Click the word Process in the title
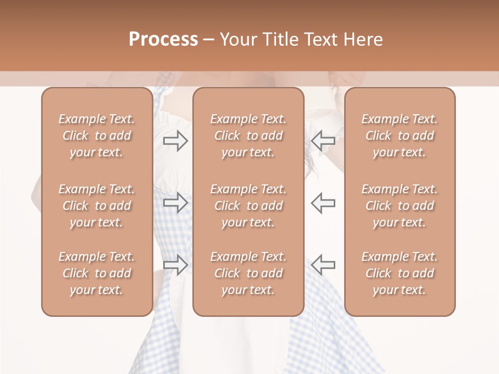[163, 39]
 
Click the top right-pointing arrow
[175, 141]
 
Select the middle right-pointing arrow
[175, 202]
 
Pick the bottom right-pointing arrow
[175, 264]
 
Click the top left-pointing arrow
[323, 141]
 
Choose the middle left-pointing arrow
[323, 202]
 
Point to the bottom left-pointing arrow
[323, 264]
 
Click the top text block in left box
[97, 136]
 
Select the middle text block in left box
[97, 206]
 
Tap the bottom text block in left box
[97, 273]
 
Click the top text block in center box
[248, 136]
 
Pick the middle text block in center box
[248, 206]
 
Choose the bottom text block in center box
[248, 273]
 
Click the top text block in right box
[400, 136]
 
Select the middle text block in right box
[400, 206]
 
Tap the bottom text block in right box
[400, 273]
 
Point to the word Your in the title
[238, 39]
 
